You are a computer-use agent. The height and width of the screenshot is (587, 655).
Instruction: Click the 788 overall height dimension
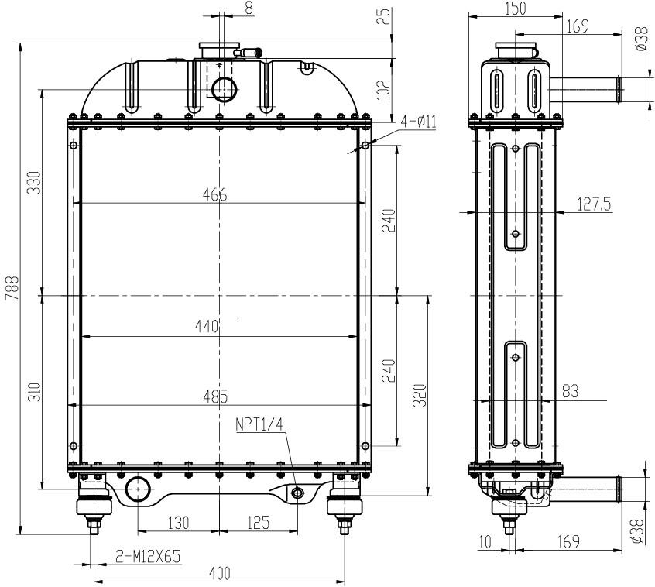click(x=12, y=287)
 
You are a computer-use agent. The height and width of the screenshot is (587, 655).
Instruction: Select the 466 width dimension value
click(x=214, y=194)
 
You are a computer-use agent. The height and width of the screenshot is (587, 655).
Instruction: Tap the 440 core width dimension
click(x=207, y=326)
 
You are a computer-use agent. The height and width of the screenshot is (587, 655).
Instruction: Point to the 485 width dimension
click(x=215, y=396)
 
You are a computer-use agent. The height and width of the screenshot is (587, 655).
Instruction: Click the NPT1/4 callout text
click(x=259, y=424)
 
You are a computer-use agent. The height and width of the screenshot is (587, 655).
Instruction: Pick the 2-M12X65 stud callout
click(x=148, y=556)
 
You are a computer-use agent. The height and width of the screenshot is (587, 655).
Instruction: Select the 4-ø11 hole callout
click(x=419, y=122)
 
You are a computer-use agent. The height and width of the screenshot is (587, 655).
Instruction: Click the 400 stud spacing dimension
click(x=220, y=573)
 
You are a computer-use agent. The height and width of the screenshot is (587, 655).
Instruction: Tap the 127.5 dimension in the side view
click(x=594, y=204)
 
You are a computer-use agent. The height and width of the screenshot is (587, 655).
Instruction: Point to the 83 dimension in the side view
click(x=570, y=391)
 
